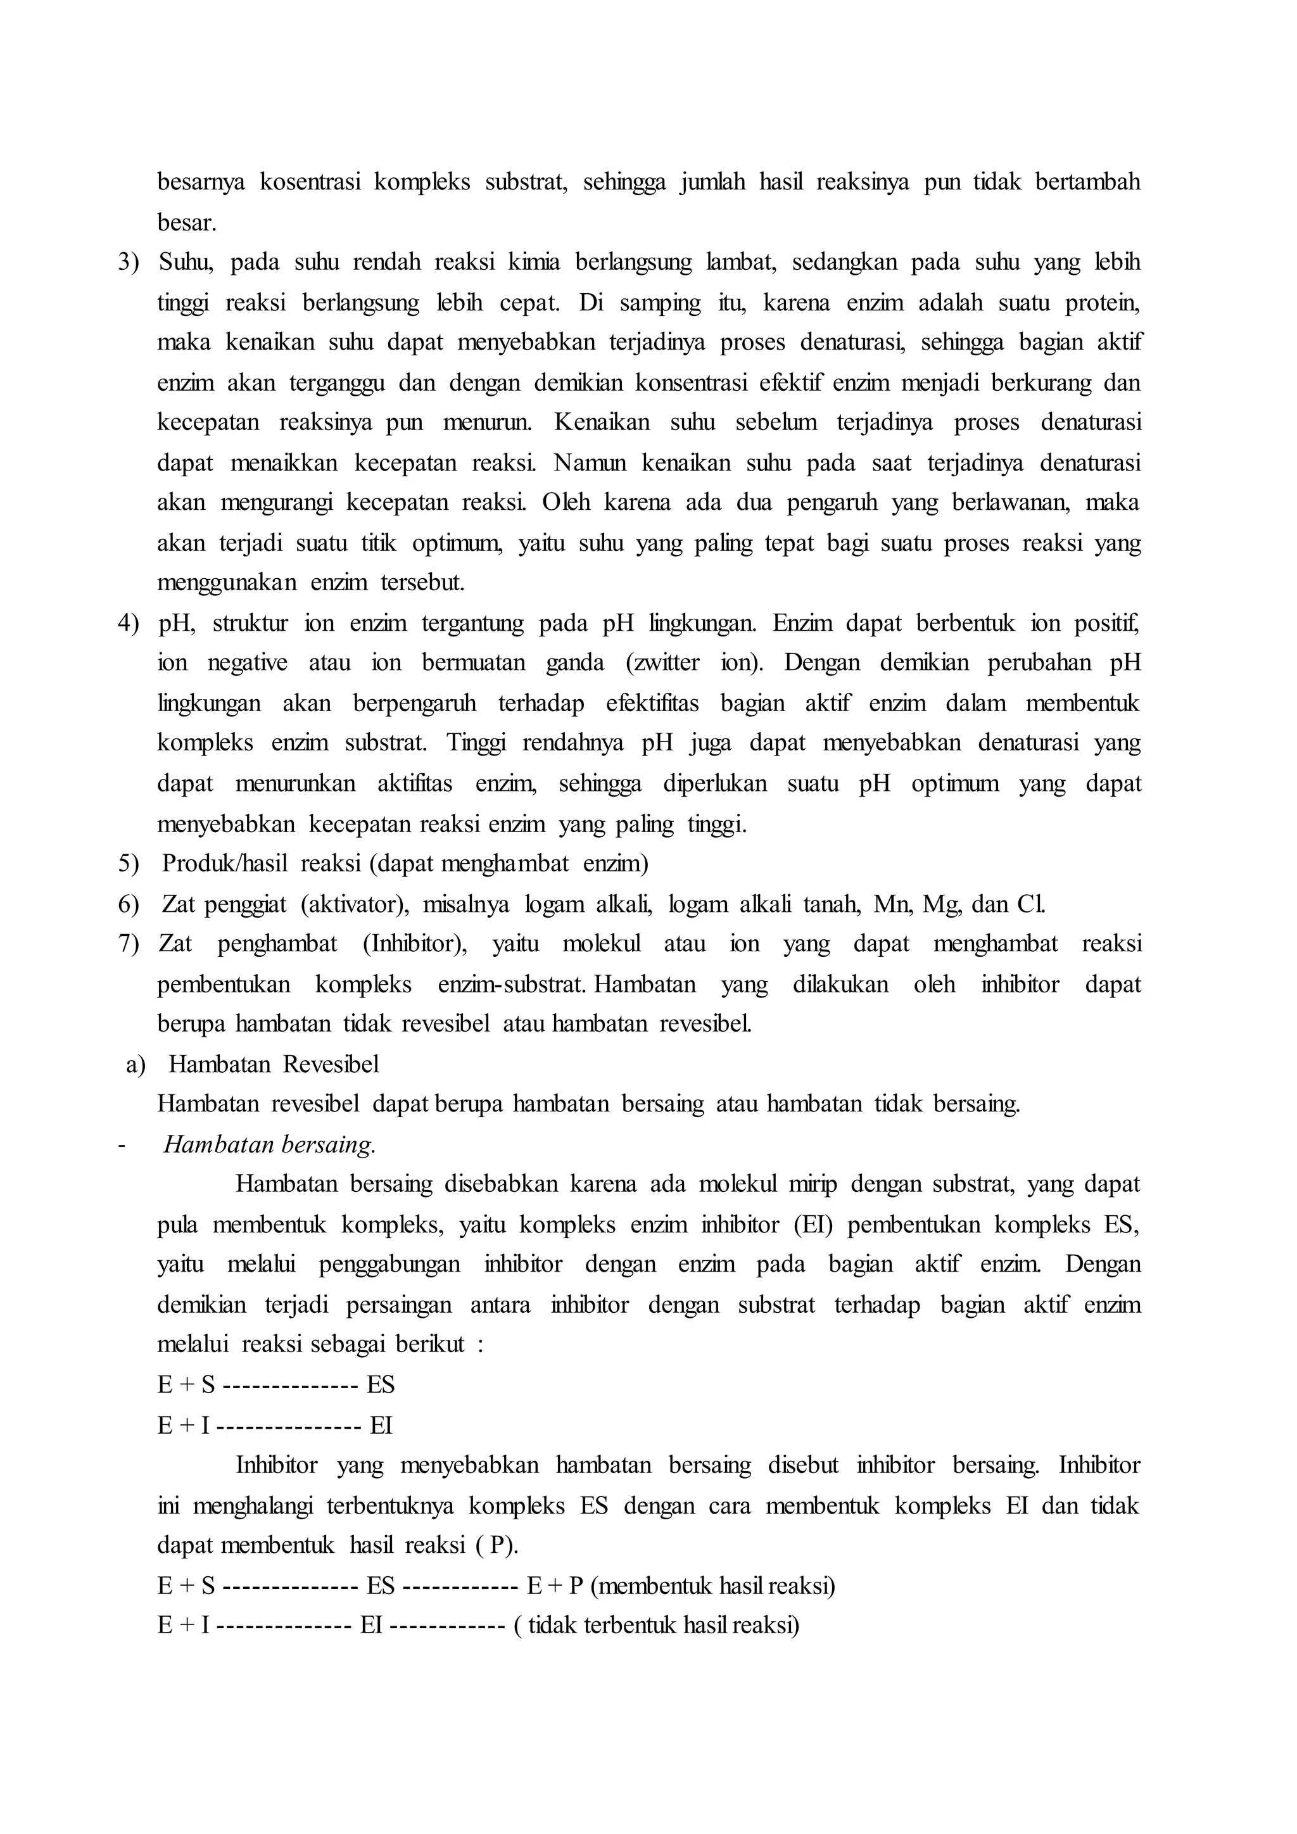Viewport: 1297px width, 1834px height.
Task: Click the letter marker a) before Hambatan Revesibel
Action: [x=135, y=1065]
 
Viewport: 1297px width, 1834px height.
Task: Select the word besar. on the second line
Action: [x=187, y=223]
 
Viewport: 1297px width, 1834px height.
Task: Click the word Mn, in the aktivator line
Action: [x=893, y=904]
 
